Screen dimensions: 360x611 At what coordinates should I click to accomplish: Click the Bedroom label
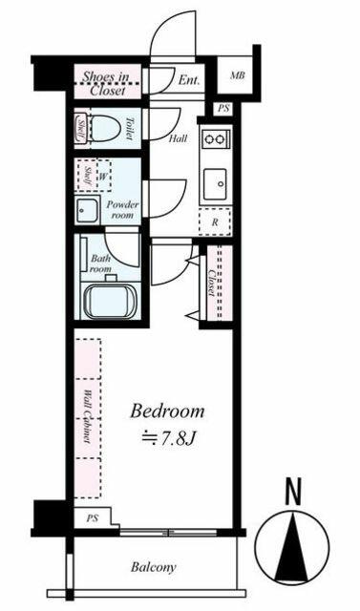(167, 411)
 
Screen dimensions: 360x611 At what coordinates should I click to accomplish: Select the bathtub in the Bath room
(111, 302)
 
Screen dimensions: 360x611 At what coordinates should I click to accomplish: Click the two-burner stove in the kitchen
(216, 138)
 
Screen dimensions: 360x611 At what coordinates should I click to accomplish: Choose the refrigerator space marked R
(215, 222)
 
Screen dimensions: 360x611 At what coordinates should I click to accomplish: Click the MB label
(237, 75)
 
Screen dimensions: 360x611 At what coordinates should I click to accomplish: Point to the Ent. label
(189, 80)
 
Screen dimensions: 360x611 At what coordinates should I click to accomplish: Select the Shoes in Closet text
(106, 83)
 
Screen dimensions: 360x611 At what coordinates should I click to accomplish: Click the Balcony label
(154, 567)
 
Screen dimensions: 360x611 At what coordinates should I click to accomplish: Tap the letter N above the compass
(293, 493)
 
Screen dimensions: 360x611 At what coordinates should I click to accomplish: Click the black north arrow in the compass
(292, 547)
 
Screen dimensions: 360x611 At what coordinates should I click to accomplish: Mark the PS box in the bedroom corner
(93, 517)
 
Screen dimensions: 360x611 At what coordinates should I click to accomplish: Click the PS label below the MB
(223, 109)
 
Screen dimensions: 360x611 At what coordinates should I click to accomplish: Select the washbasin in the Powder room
(87, 210)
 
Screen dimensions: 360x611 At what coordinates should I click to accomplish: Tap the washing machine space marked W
(102, 176)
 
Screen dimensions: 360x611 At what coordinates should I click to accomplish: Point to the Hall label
(179, 138)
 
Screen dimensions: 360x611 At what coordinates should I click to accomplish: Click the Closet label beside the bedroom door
(212, 283)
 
